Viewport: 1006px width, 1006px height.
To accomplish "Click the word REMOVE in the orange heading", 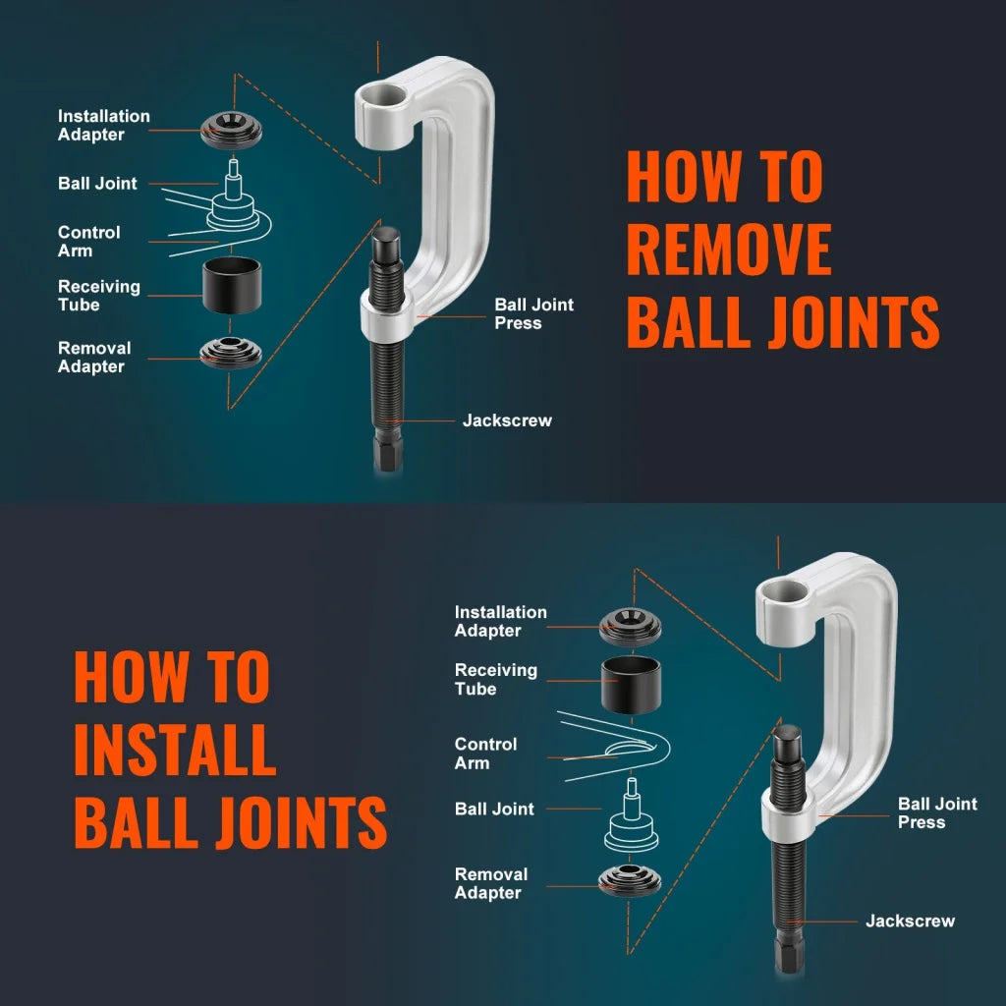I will coord(728,250).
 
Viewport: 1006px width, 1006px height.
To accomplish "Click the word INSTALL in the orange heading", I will coord(174,750).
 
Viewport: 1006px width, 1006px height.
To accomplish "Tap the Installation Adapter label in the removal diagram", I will coord(103,125).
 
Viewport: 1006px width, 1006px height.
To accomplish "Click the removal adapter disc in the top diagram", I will coord(231,351).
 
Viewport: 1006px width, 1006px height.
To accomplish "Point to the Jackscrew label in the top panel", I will coord(507,420).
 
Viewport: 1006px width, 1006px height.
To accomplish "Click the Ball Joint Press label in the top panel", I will coord(533,313).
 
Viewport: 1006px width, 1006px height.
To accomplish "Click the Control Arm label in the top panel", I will coord(88,242).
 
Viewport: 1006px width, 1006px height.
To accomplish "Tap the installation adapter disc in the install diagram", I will coord(630,622).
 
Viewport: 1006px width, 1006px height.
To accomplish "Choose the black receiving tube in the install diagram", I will coord(631,683).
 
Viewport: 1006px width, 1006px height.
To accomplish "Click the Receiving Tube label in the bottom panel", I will coord(495,679).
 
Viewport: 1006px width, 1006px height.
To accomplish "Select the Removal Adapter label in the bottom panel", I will coord(490,883).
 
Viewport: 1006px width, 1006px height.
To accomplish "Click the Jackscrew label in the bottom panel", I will coord(910,921).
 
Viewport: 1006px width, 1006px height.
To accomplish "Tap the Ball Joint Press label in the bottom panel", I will coord(937,812).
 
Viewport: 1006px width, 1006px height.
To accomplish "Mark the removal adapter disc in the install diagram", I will coord(630,879).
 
